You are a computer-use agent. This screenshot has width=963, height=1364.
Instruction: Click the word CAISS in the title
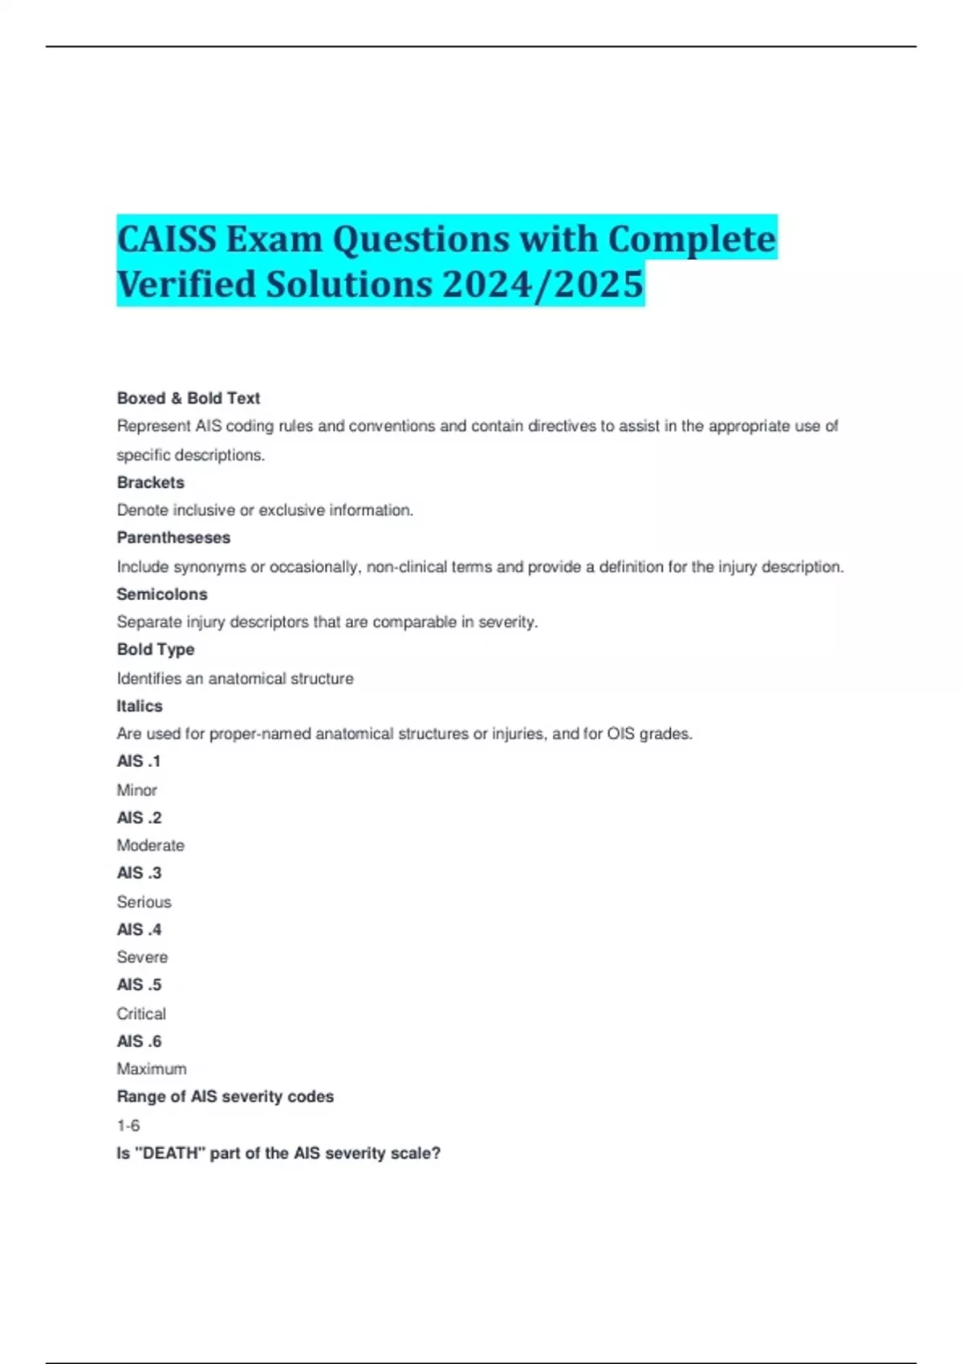coord(166,239)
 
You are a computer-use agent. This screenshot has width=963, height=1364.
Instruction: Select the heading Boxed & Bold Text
coord(189,398)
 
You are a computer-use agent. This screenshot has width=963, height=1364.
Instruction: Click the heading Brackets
coord(151,482)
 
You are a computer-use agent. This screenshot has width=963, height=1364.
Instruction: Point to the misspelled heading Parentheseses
coord(173,538)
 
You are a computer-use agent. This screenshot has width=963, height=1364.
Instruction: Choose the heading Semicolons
coord(162,594)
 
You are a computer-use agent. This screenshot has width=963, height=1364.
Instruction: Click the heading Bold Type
coord(156,649)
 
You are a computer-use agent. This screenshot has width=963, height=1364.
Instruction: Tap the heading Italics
coord(140,706)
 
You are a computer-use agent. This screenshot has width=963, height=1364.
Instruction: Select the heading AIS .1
coord(139,761)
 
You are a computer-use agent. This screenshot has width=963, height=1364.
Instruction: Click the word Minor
coord(137,790)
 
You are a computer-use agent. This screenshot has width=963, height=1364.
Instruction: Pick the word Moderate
coord(151,846)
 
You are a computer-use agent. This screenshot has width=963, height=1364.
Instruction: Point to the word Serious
coord(144,902)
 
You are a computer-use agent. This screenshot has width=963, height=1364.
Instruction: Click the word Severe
coord(143,957)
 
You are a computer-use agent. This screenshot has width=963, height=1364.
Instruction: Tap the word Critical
coord(142,1013)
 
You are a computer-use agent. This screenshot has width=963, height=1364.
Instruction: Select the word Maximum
coord(152,1069)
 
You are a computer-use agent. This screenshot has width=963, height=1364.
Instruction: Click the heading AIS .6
coord(140,1041)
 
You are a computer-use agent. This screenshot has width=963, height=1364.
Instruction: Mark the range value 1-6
coord(128,1126)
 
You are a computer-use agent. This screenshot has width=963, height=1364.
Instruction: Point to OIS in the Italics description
coord(621,734)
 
